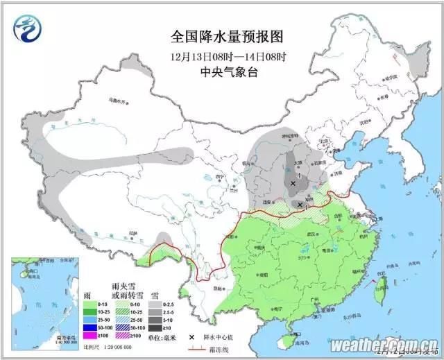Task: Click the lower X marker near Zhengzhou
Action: [x=300, y=205]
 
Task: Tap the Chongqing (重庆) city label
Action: [x=260, y=247]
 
